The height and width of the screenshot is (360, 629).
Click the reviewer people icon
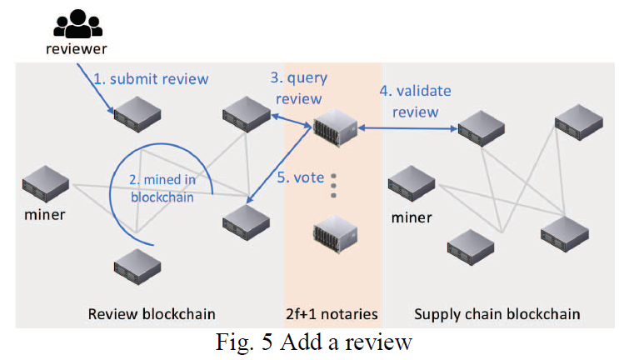(77, 23)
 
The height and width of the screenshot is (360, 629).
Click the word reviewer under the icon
(77, 49)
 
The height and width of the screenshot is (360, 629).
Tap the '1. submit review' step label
(151, 79)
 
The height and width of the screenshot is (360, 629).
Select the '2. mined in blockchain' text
(162, 188)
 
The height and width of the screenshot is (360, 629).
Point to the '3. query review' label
(299, 88)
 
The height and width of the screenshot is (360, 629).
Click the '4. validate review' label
(416, 102)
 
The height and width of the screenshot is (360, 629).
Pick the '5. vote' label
(301, 177)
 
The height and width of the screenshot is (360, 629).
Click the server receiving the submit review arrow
(137, 114)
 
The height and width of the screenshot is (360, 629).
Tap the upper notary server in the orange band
(335, 127)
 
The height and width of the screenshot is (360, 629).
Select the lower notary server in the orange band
(335, 233)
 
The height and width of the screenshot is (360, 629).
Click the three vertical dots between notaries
(333, 186)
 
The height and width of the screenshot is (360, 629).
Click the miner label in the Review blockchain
(44, 215)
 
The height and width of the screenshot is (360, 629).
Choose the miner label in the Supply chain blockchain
(412, 217)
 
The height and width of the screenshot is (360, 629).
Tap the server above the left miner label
(46, 184)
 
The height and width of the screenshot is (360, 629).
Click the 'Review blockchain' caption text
(152, 314)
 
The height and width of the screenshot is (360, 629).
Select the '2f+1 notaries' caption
(332, 314)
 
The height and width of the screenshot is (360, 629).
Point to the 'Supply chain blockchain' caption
(497, 314)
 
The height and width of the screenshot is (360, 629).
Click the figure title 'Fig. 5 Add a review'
(314, 342)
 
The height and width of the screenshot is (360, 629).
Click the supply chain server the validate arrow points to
(482, 129)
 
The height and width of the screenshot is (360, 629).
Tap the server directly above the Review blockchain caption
(137, 267)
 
